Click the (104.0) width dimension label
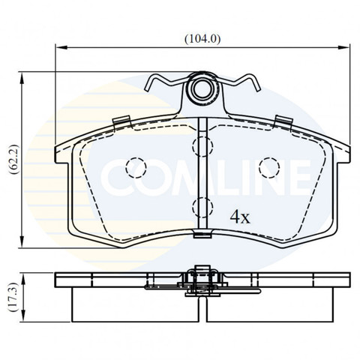(203, 39)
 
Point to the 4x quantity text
(240, 217)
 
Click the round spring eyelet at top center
(202, 90)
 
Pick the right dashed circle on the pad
(268, 167)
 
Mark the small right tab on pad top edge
(283, 121)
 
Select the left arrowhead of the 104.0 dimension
(60, 48)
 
